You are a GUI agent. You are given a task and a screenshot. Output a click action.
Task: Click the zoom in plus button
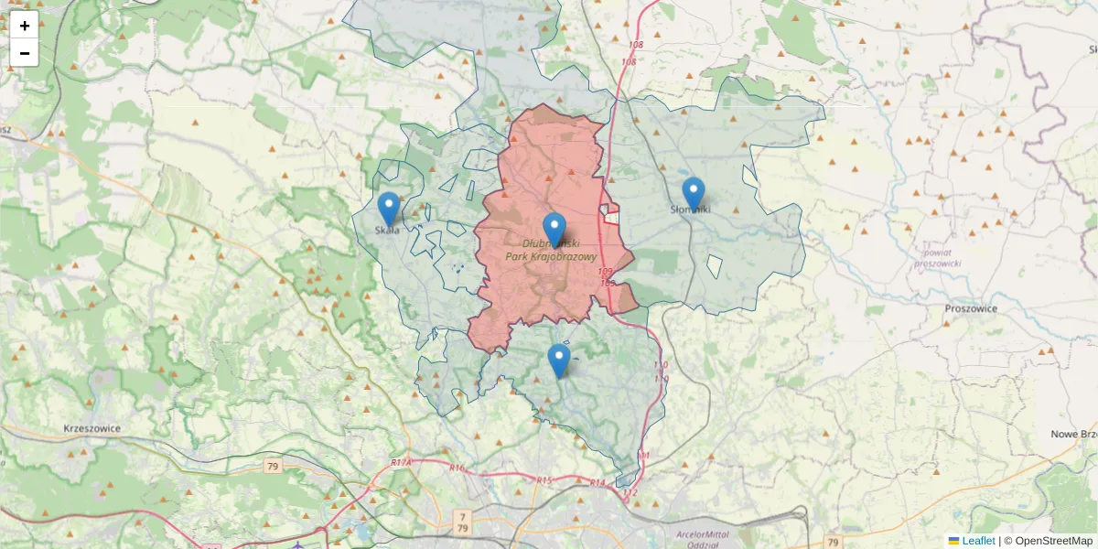click(25, 26)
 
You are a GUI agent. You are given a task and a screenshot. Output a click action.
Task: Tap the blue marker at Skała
click(389, 210)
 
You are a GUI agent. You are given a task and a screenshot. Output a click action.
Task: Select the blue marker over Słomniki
click(694, 193)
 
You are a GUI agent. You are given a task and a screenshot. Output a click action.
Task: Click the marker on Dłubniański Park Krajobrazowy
click(554, 230)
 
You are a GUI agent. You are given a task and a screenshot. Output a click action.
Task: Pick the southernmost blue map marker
click(559, 361)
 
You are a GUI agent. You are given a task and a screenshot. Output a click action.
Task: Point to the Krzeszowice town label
click(93, 428)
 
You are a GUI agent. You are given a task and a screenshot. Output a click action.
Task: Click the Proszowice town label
click(971, 308)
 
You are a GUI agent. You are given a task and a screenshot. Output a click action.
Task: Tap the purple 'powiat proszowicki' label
click(937, 257)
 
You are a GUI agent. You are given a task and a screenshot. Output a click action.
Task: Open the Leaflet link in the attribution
click(978, 541)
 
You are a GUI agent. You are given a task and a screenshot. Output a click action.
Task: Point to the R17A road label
click(401, 463)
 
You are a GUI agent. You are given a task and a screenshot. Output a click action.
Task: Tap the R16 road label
click(457, 468)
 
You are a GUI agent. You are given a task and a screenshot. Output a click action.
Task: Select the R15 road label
click(544, 479)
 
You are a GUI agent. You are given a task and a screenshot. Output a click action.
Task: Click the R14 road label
click(597, 482)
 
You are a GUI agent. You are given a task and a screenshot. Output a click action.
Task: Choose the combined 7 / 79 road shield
click(462, 522)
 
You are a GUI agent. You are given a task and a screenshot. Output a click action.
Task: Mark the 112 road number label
click(630, 493)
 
